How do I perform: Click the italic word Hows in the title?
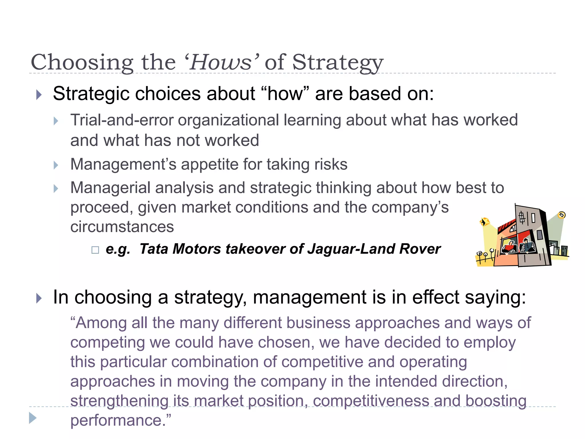click(x=220, y=62)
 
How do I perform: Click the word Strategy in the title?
click(x=337, y=62)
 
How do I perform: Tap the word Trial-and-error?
click(x=122, y=120)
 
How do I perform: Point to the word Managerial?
click(x=110, y=188)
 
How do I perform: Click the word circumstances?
click(x=122, y=227)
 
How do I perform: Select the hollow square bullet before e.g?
click(x=95, y=250)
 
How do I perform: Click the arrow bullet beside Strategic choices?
click(x=39, y=95)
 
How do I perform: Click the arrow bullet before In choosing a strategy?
click(x=39, y=298)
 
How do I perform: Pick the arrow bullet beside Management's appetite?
click(x=56, y=165)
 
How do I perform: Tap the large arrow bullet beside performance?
click(x=33, y=418)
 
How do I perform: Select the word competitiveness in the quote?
click(x=371, y=401)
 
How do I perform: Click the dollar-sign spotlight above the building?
click(x=562, y=215)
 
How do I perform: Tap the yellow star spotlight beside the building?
click(x=484, y=222)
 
